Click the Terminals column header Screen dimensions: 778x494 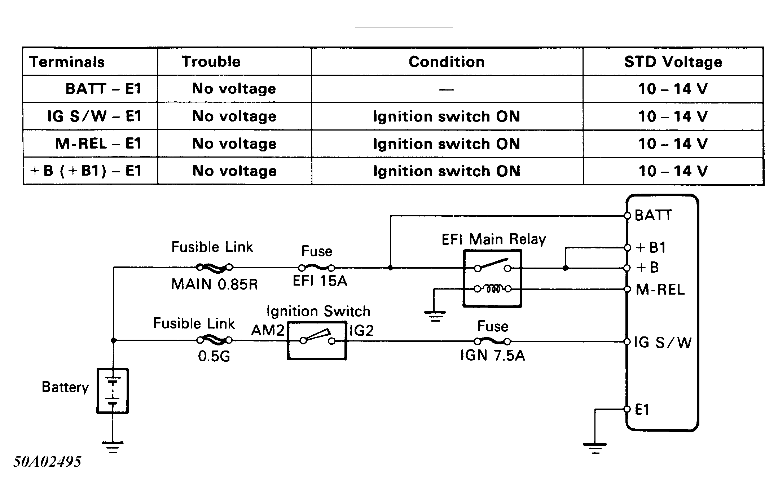click(67, 62)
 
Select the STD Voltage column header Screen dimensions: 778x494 click(673, 62)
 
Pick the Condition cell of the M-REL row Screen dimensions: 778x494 click(447, 144)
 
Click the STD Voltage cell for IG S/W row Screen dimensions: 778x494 click(673, 116)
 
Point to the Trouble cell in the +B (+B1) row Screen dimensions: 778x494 click(234, 171)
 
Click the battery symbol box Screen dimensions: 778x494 click(113, 391)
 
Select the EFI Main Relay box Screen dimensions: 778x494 click(492, 279)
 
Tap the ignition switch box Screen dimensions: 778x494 click(317, 340)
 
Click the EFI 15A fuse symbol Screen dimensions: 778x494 click(317, 268)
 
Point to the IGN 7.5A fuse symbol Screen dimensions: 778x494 click(492, 341)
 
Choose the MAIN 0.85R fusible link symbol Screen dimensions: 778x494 click(214, 268)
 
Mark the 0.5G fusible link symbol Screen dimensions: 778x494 click(214, 340)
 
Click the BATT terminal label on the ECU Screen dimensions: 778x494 click(653, 215)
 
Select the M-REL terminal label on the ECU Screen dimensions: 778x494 click(660, 290)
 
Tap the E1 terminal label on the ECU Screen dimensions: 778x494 click(642, 410)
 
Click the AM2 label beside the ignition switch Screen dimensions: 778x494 click(268, 330)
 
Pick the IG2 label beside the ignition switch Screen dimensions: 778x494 click(361, 330)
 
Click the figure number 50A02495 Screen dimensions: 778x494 click(48, 462)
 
